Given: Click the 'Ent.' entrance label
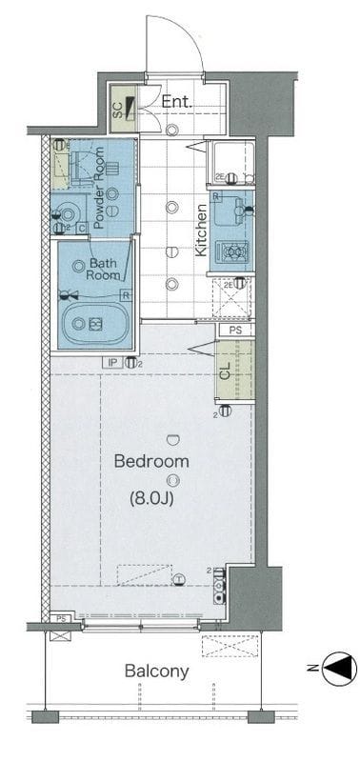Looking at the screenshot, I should (177, 101).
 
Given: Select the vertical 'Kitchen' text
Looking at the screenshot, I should (202, 231).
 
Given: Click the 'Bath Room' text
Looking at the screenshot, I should (104, 269).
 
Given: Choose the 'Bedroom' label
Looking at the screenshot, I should (151, 461).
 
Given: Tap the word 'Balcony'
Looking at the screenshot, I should (156, 672).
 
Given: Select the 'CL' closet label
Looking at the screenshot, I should (225, 372).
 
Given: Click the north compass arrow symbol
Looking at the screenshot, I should (337, 670).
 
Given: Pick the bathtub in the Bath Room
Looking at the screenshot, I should (93, 324).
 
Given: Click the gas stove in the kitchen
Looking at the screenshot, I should (231, 251).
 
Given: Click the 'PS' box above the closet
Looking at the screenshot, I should (235, 330).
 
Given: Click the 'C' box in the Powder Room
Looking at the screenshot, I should (83, 227).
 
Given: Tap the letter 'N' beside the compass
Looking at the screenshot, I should (312, 670).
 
